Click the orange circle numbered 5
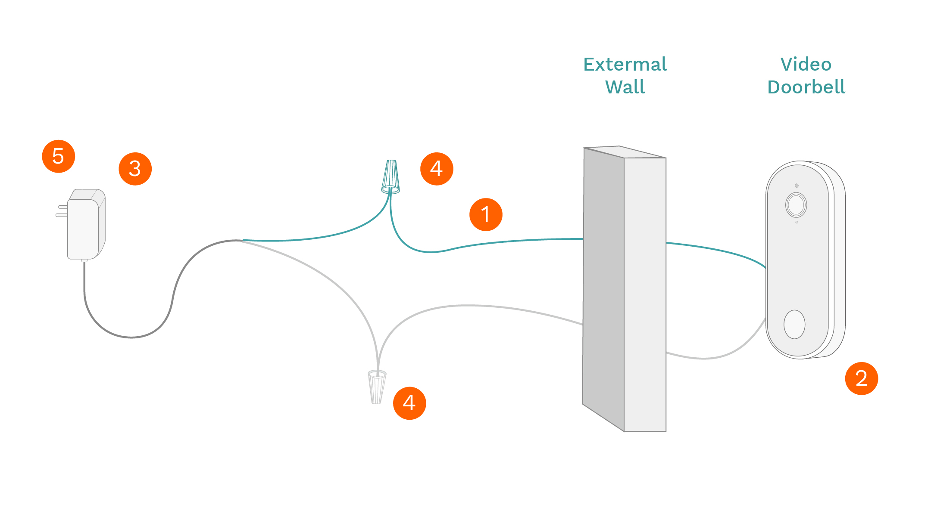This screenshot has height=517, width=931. (x=58, y=156)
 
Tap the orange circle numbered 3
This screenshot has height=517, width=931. (x=135, y=169)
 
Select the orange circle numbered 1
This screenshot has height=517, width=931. (x=486, y=214)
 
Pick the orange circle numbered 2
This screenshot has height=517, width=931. (x=861, y=378)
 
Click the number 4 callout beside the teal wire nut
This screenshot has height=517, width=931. (x=437, y=169)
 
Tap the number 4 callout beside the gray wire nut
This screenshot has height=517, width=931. (x=409, y=403)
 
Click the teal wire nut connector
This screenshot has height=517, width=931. (x=391, y=177)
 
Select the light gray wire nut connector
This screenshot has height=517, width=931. (x=377, y=387)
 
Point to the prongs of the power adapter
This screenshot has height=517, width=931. (x=62, y=211)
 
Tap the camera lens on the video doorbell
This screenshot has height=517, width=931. (x=796, y=205)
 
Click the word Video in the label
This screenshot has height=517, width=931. (x=806, y=65)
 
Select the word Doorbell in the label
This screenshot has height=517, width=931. (x=806, y=87)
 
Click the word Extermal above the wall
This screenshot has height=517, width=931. (x=625, y=65)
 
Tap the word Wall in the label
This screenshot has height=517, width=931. (x=625, y=87)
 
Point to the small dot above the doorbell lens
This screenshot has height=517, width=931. (x=797, y=186)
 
